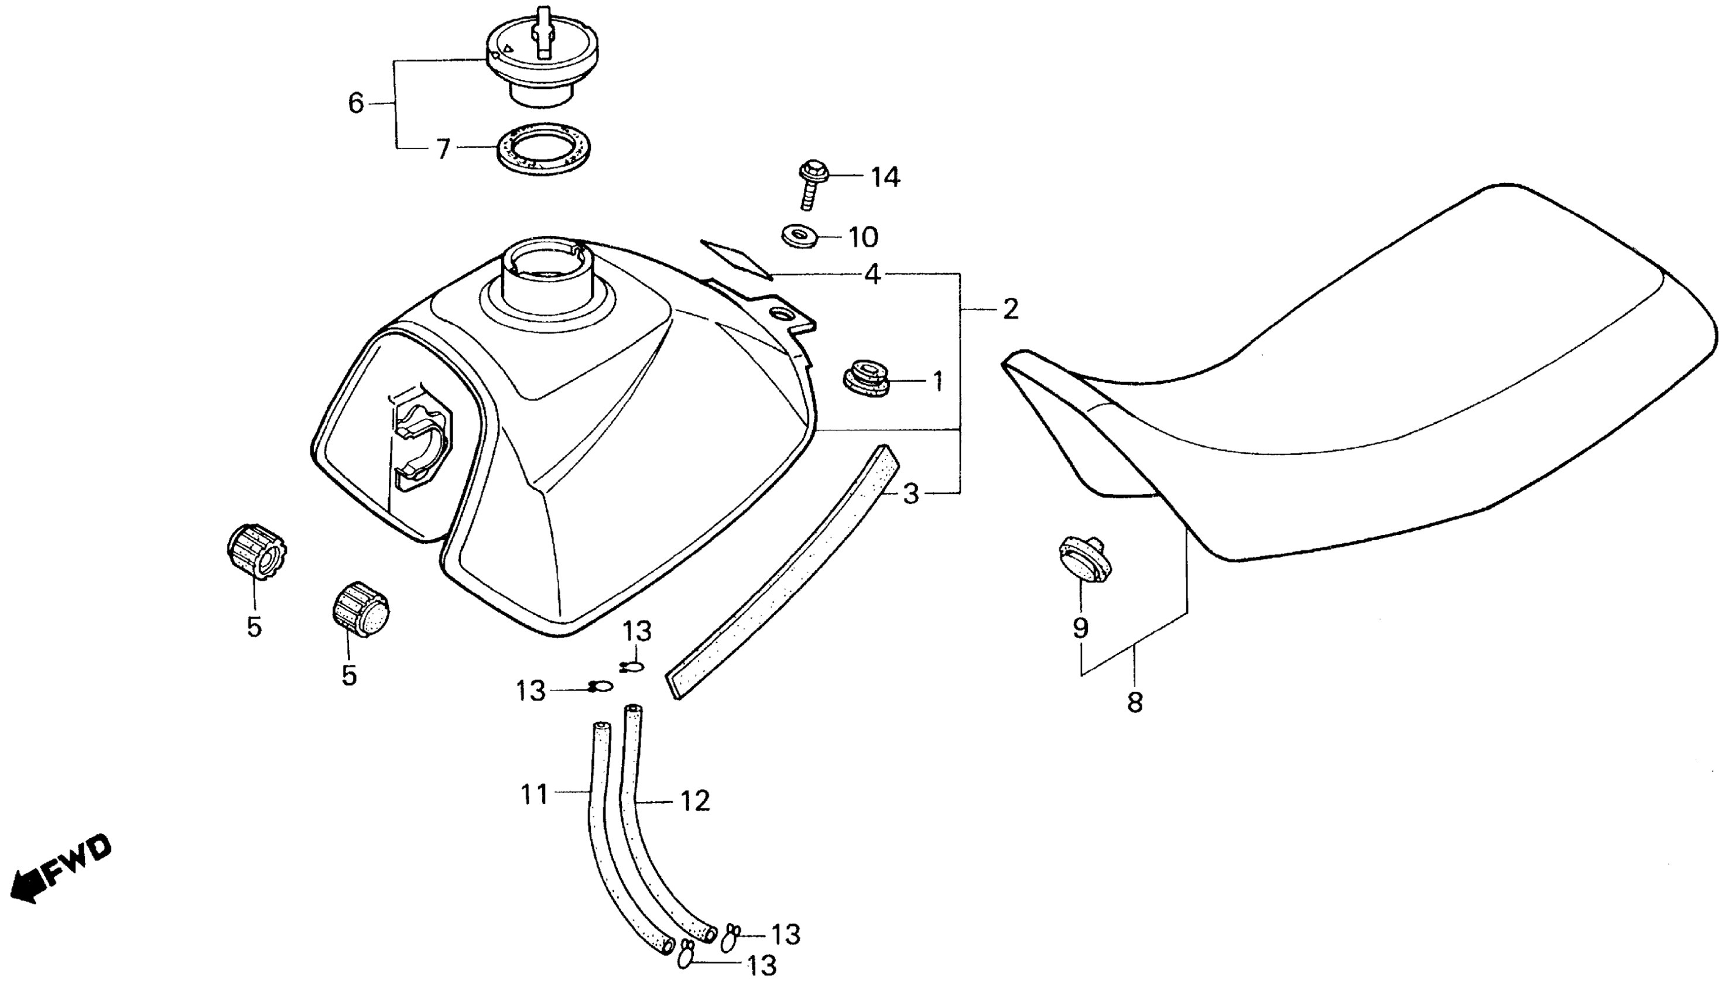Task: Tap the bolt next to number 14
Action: [x=812, y=181]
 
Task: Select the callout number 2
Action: [x=1010, y=310]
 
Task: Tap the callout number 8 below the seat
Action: [x=1135, y=702]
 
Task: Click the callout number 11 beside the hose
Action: [x=535, y=794]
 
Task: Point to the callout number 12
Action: [x=695, y=801]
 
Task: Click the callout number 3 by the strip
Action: [x=911, y=494]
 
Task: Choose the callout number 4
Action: [x=872, y=275]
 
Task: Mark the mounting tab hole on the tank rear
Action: [x=780, y=314]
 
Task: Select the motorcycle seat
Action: [x=1367, y=383]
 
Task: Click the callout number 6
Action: [x=356, y=104]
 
